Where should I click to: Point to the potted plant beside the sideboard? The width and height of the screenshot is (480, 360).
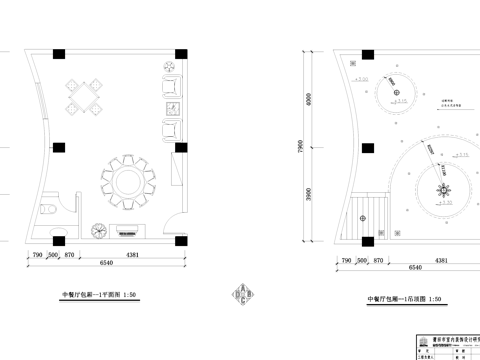[98, 229]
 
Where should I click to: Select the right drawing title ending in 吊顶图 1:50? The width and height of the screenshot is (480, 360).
[403, 299]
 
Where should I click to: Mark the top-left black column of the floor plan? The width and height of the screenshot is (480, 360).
[61, 54]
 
